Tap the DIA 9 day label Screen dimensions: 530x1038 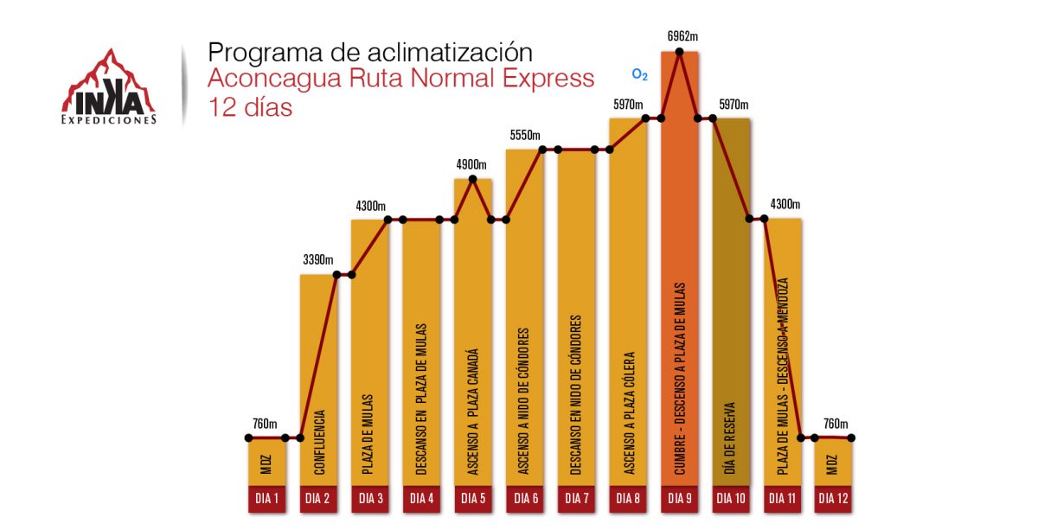click(680, 498)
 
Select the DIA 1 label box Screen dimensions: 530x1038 click(266, 498)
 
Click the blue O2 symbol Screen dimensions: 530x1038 click(640, 75)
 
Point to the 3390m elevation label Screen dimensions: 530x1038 click(319, 259)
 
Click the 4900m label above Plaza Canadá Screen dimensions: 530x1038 click(471, 164)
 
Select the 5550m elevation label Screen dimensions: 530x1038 click(525, 135)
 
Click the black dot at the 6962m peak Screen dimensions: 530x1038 click(680, 53)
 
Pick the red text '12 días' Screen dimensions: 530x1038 click(250, 108)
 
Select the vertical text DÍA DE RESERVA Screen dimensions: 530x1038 click(731, 437)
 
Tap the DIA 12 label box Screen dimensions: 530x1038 click(834, 498)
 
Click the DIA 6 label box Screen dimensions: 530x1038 click(525, 498)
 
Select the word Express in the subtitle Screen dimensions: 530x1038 click(546, 79)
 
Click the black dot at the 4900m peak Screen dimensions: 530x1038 click(472, 179)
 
